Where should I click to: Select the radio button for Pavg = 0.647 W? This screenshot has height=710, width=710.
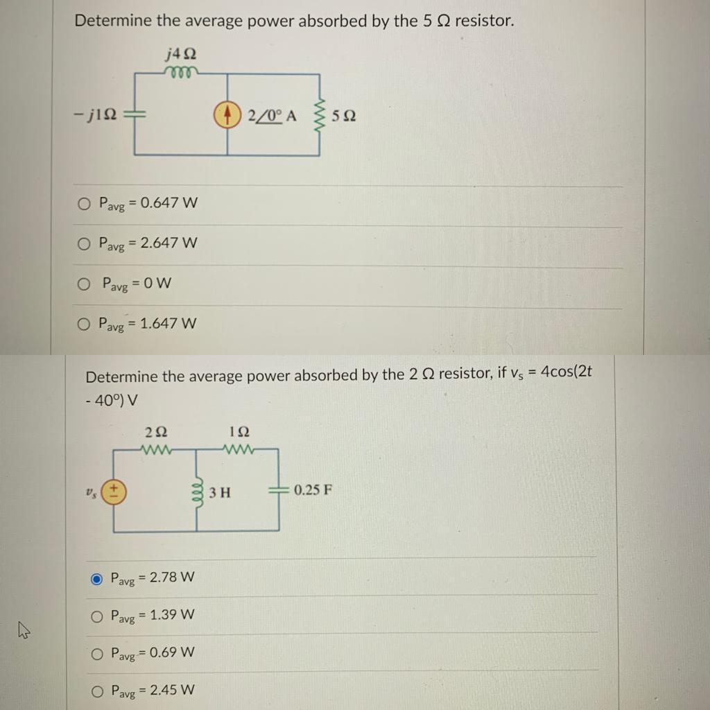coord(84,204)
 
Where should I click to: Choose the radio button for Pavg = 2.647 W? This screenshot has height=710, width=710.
coord(84,244)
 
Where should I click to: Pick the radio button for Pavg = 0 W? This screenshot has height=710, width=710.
coord(84,284)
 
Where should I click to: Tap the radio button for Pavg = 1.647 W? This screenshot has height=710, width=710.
coord(84,324)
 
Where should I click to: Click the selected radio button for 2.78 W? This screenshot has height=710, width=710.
coord(97,578)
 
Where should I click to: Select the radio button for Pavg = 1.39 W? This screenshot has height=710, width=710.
coord(97,616)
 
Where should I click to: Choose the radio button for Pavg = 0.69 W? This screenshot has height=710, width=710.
coord(97,653)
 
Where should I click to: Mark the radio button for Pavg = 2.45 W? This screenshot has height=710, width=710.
coord(97,691)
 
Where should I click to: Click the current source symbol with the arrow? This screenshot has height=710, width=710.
coord(230,116)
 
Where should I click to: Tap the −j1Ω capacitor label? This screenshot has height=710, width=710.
coord(92,116)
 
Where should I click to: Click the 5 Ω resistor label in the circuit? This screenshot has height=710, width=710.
coord(344,116)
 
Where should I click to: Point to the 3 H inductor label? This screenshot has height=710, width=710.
coord(220,493)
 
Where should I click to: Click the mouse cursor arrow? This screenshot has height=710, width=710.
coord(24,630)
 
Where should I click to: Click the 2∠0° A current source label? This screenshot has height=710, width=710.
coord(272,116)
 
